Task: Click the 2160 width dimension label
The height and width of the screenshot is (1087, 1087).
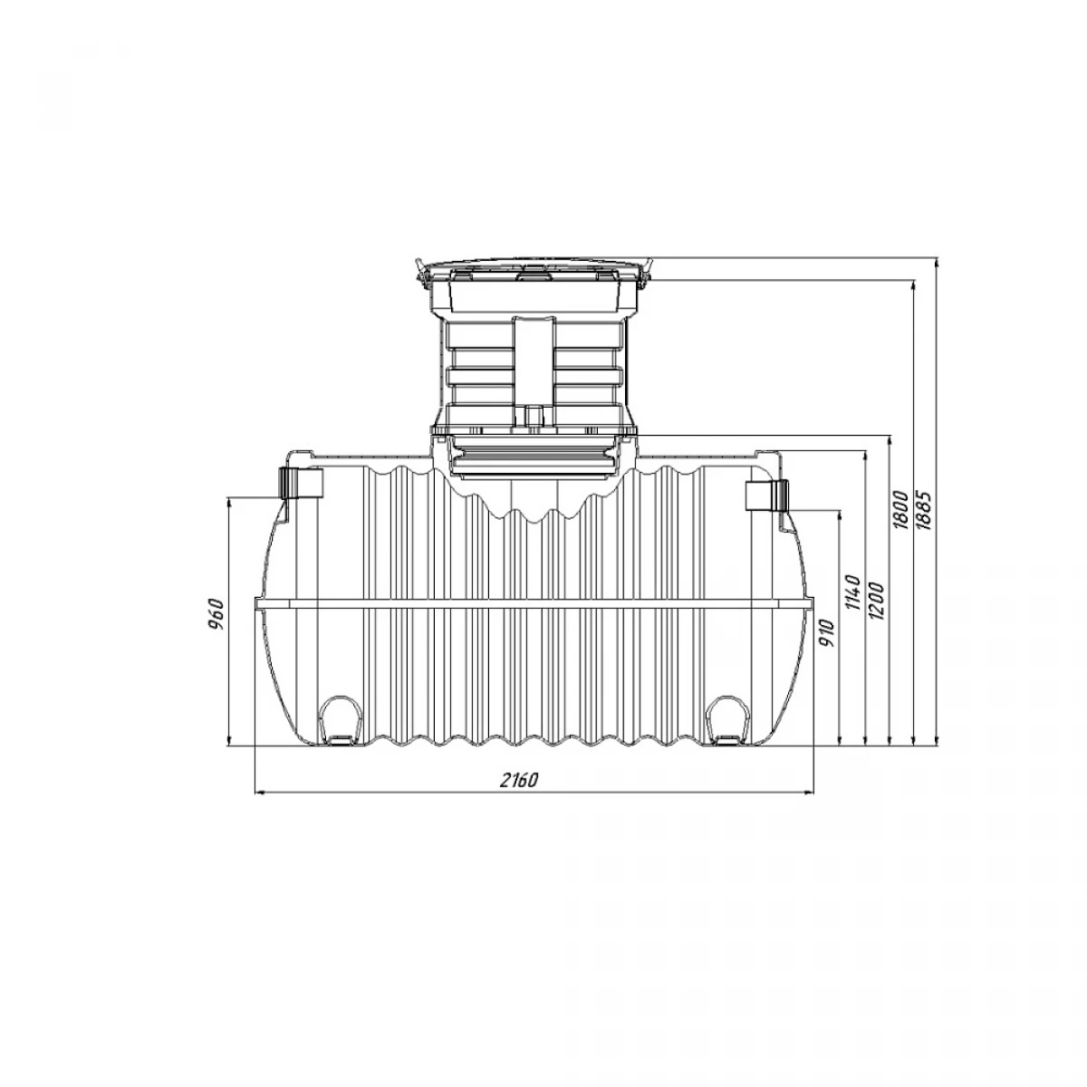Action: (519, 780)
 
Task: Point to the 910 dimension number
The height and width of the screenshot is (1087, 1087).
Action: (827, 633)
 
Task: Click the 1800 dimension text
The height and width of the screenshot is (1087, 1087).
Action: (900, 510)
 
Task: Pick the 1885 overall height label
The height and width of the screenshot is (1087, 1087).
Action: (925, 510)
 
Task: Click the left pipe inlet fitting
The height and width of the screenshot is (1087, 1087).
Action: (302, 482)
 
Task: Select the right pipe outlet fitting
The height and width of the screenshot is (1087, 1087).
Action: (767, 495)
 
